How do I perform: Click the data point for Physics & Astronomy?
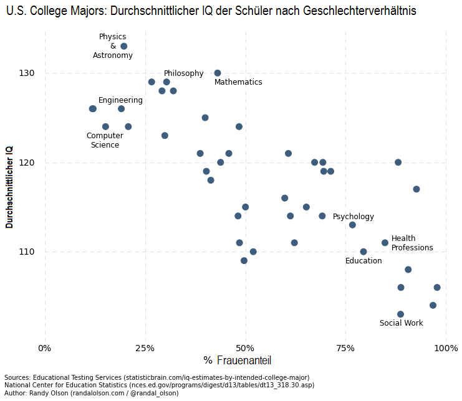123,46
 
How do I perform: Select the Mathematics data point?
218,73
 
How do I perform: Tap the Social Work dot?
400,314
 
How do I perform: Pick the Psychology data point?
352,225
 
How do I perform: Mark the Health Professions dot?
385,243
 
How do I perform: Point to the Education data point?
363,252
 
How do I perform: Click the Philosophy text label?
183,73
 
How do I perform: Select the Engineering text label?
120,100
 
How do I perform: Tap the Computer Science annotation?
105,141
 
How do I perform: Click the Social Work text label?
401,323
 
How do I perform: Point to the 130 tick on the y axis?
26,73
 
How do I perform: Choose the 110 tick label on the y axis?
26,252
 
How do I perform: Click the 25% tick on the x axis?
145,347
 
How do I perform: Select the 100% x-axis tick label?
446,347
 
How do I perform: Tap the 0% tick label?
45,347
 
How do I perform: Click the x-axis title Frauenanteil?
243,361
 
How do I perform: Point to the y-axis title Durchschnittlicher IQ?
9,187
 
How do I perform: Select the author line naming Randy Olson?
91,393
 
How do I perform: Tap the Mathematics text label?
238,82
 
